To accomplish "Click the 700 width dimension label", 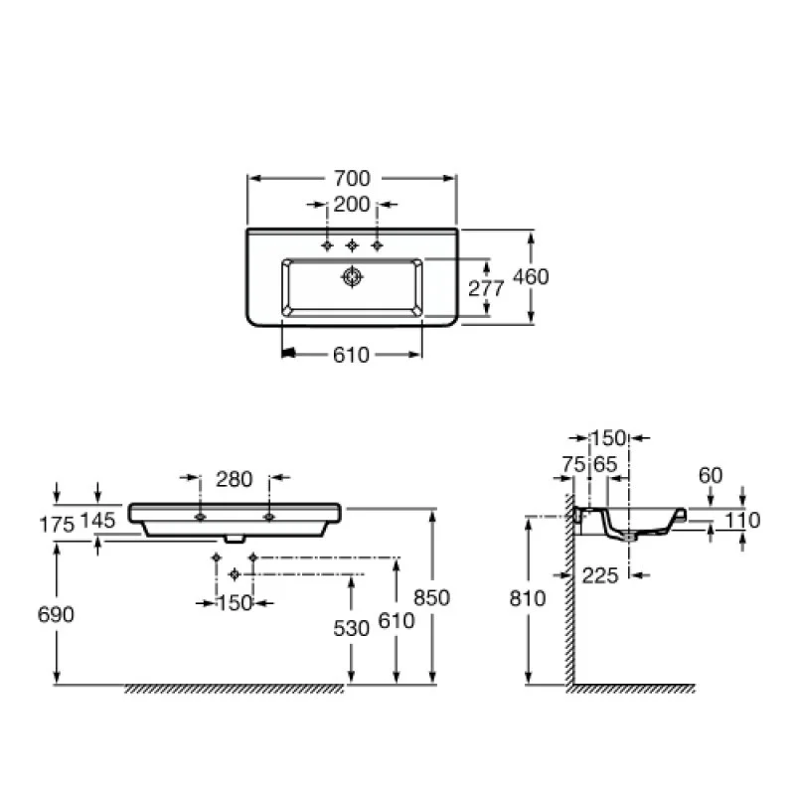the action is click(352, 178).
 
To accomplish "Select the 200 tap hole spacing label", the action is click(352, 205).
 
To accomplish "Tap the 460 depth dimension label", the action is click(531, 277).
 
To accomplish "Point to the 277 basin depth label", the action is click(486, 288).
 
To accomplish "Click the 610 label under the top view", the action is click(351, 355).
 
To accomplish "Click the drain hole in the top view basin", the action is click(352, 277).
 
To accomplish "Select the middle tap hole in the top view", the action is click(352, 245).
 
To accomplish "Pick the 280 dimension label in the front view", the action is click(234, 479).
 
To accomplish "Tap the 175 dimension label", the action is click(57, 525).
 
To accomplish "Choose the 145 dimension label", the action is click(97, 520).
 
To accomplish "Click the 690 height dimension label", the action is click(56, 614).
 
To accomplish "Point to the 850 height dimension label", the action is click(431, 598).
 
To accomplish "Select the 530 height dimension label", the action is click(352, 629).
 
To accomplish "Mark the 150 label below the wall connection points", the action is click(235, 603).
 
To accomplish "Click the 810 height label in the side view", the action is click(528, 598).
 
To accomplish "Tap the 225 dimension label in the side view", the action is click(600, 575).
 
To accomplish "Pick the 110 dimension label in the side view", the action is click(742, 520).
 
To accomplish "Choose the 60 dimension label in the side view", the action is click(711, 475).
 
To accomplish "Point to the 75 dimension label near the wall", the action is click(574, 464).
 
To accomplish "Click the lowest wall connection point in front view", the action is click(235, 574).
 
